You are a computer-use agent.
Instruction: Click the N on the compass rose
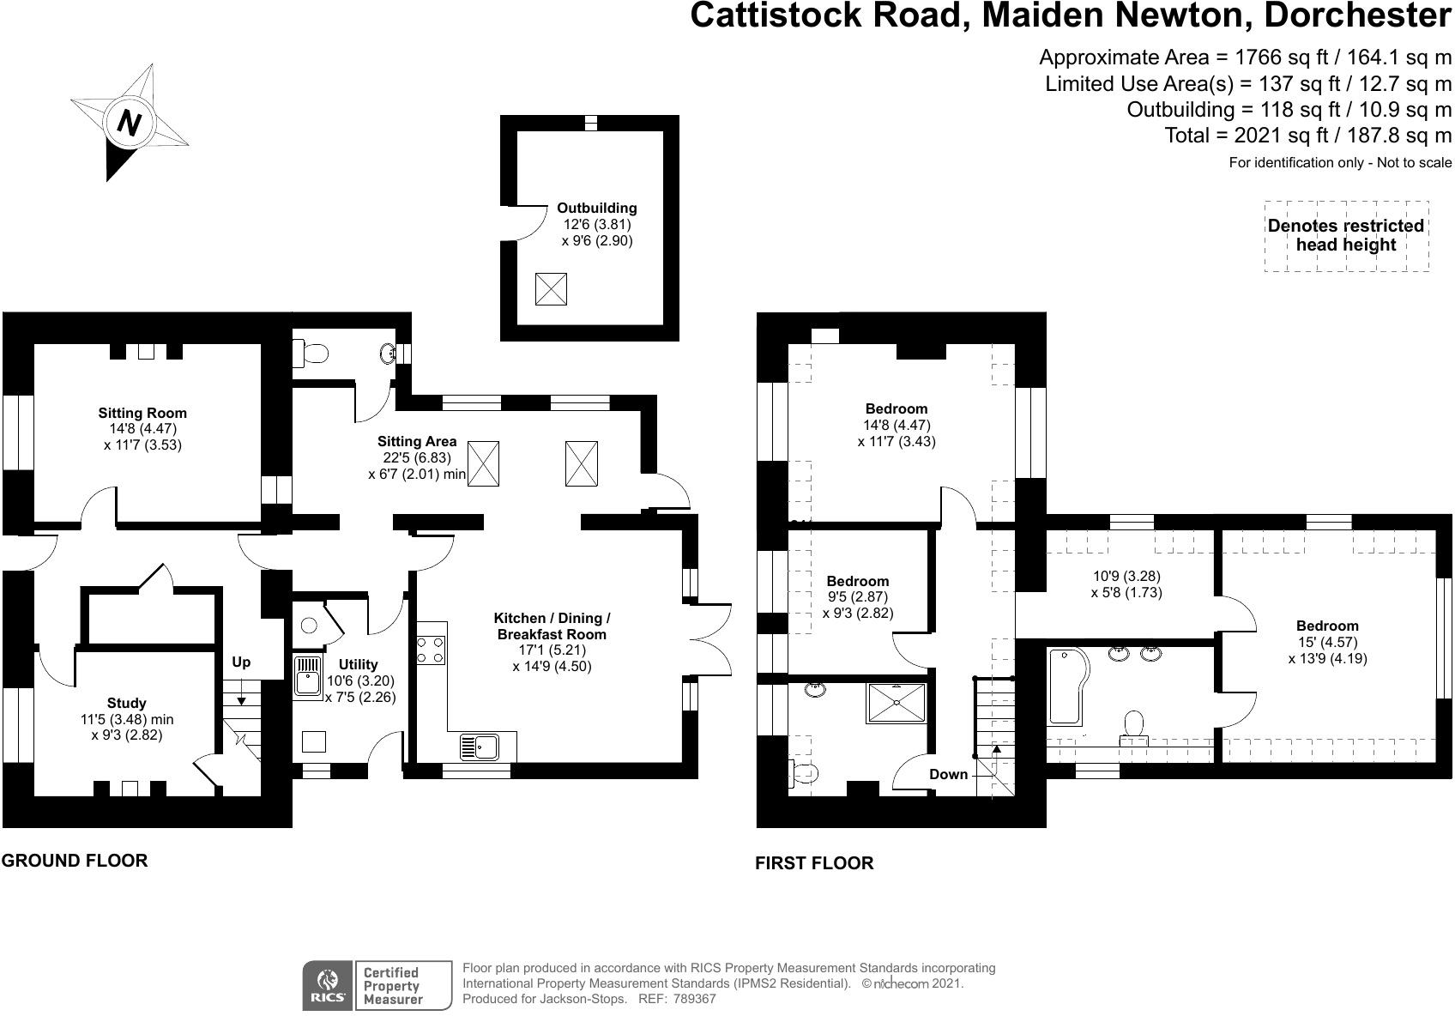[x=130, y=122]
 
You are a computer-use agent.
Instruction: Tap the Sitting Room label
[x=142, y=413]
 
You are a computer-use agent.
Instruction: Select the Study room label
[x=127, y=703]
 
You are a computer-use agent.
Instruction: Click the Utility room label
[x=358, y=664]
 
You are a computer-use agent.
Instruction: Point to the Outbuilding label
[x=597, y=208]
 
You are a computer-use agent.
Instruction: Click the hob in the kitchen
[x=431, y=650]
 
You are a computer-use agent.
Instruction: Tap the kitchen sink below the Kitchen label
[x=480, y=747]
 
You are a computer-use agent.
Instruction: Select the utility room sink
[x=308, y=676]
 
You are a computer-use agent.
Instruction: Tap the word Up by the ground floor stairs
[x=241, y=662]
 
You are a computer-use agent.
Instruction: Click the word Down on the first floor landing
[x=948, y=774]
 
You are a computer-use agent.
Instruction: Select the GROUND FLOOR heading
[x=75, y=861]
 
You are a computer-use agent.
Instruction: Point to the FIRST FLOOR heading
[x=814, y=863]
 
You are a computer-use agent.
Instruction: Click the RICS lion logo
[x=328, y=985]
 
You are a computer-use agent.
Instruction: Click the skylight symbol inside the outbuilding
[x=551, y=289]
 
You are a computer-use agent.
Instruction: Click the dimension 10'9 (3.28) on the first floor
[x=1126, y=576]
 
